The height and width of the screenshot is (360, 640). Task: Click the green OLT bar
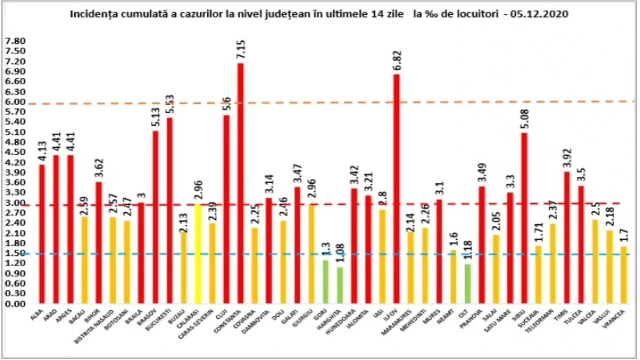point(468,284)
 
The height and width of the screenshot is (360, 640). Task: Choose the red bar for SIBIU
point(524,218)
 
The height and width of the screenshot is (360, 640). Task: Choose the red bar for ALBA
point(42,234)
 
